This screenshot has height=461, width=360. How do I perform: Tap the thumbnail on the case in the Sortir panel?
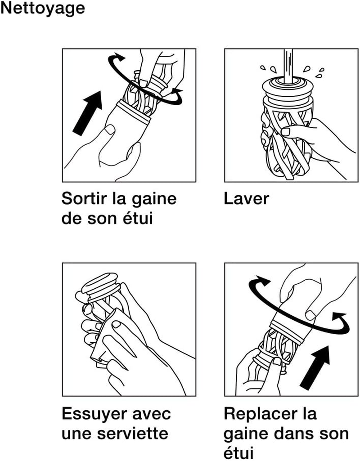[x=110, y=130]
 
